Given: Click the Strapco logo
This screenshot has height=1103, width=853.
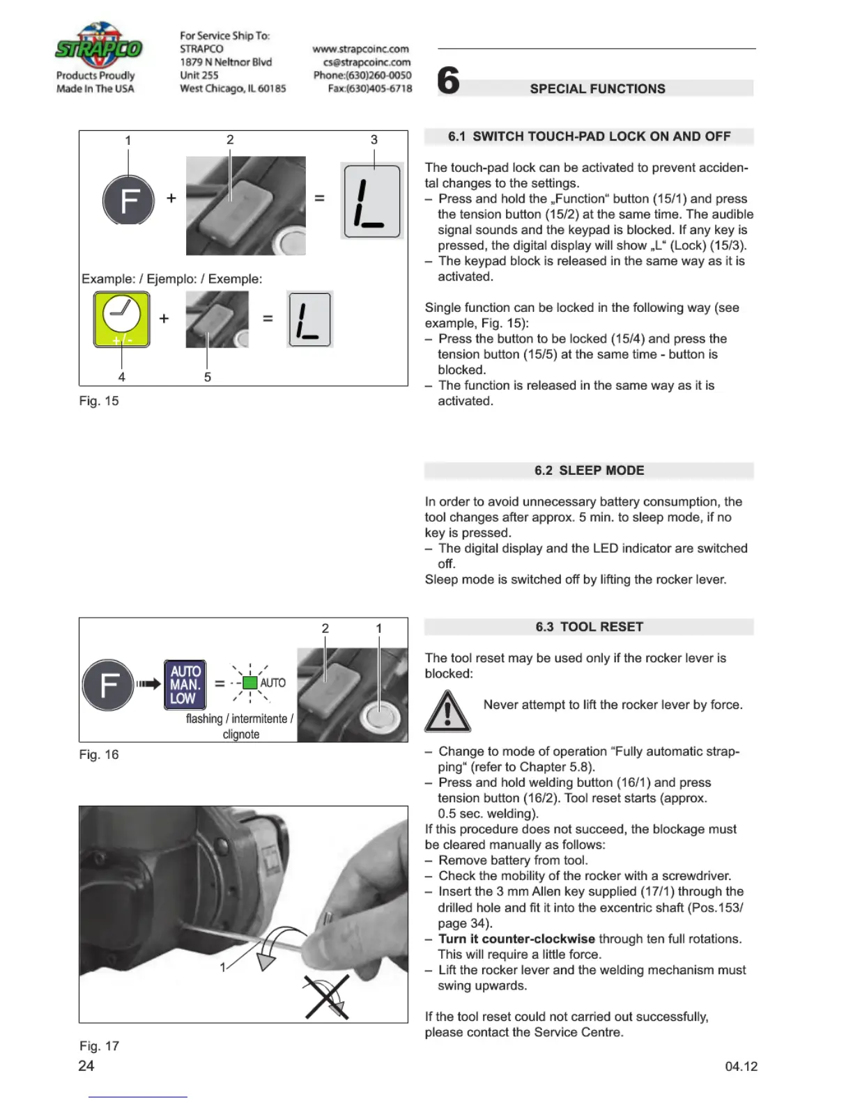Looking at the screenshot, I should pos(98,47).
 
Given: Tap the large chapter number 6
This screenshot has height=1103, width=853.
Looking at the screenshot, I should pos(448,81).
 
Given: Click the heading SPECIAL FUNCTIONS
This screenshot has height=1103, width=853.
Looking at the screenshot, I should pos(597,88).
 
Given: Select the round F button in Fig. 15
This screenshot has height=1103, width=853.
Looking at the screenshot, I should pos(128,200).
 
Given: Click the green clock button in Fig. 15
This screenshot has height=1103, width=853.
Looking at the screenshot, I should pos(122,319).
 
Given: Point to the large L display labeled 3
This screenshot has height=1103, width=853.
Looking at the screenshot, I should pos(372,202).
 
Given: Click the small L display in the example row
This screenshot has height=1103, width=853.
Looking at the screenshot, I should pos(310,319).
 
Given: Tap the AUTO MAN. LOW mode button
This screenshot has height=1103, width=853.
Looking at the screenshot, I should pos(185,685).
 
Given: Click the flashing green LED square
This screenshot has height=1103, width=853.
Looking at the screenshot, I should pos(250,682).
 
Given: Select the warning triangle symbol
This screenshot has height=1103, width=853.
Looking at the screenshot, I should pos(447,712).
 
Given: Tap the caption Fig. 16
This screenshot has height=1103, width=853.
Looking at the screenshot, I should pos(99,754).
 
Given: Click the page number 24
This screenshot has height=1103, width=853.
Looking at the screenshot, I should pos(86,1065).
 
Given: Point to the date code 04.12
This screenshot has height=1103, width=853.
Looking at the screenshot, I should pos(741,1066).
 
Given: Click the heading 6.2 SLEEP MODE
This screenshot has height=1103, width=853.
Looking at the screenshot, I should pos(589,471).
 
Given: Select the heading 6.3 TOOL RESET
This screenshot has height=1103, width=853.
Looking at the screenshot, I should pos(589,627).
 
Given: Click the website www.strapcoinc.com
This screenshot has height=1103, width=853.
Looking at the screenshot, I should pos(361,49).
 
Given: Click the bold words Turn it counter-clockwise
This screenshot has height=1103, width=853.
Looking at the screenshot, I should pos(516,939).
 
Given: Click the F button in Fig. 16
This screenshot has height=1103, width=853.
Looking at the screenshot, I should pos(108,685).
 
